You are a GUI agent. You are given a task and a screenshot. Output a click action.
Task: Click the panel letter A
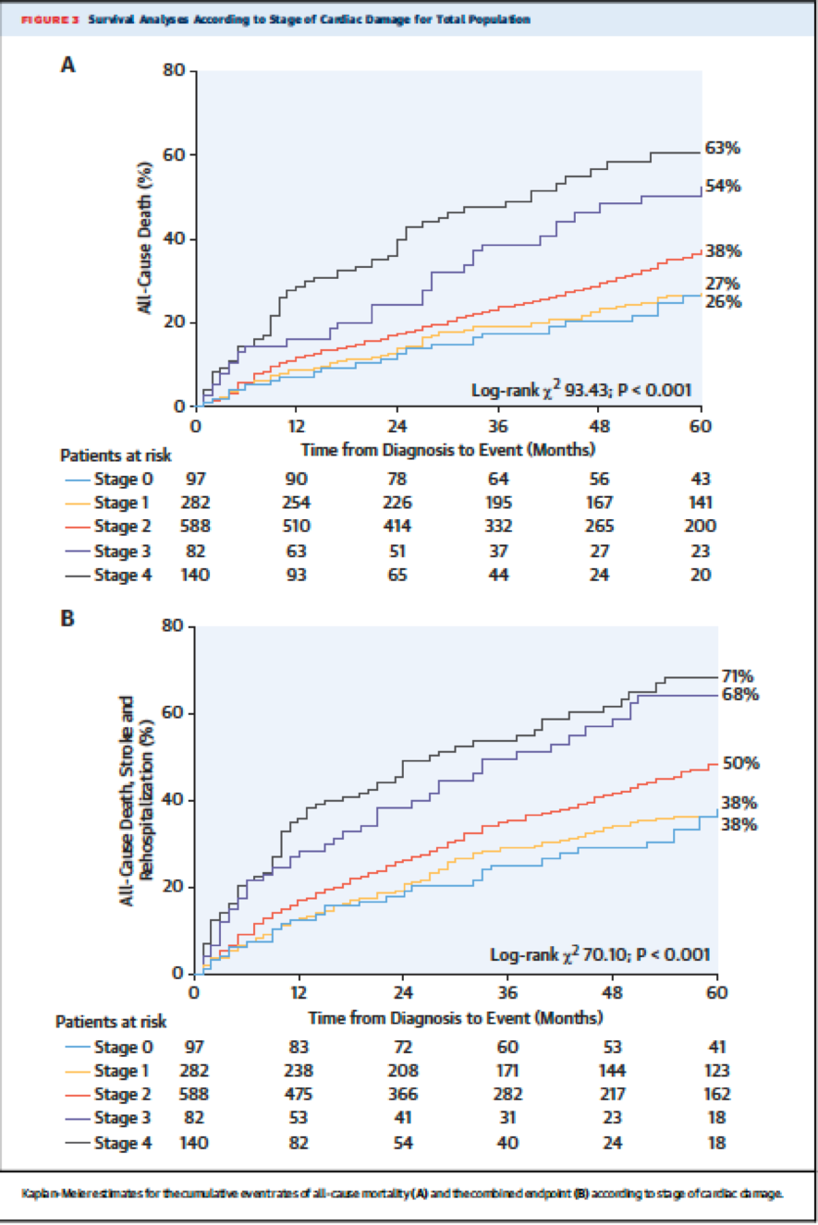click(x=67, y=65)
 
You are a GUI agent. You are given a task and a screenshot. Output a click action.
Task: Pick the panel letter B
click(x=67, y=617)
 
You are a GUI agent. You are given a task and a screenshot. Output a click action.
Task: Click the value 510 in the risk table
click(x=296, y=527)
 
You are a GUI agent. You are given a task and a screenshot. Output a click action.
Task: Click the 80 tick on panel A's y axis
click(x=174, y=71)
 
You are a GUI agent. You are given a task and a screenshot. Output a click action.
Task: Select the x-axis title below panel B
click(x=455, y=1017)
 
